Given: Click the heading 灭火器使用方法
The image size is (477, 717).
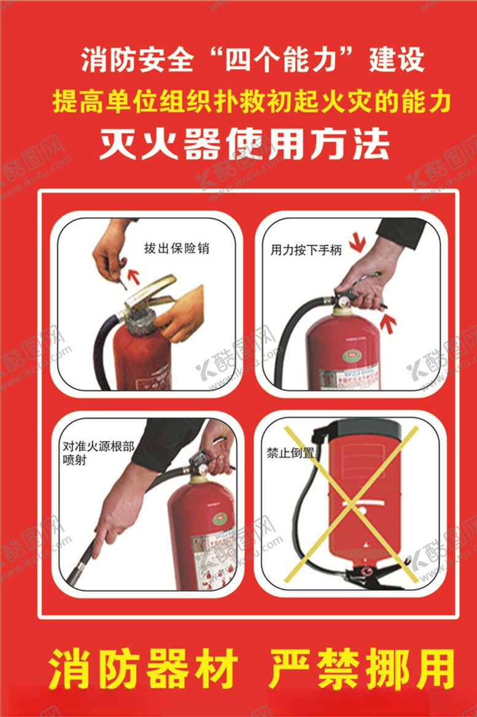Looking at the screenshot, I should tap(245, 145).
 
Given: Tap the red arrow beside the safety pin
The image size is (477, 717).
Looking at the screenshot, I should tap(132, 269).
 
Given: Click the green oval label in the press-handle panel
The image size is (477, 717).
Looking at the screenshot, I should tap(352, 355).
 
